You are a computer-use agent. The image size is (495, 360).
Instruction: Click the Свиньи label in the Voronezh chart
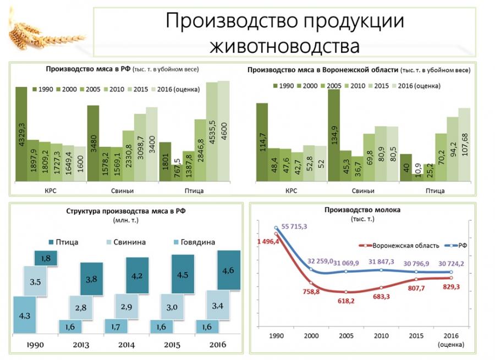tap(363, 191)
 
